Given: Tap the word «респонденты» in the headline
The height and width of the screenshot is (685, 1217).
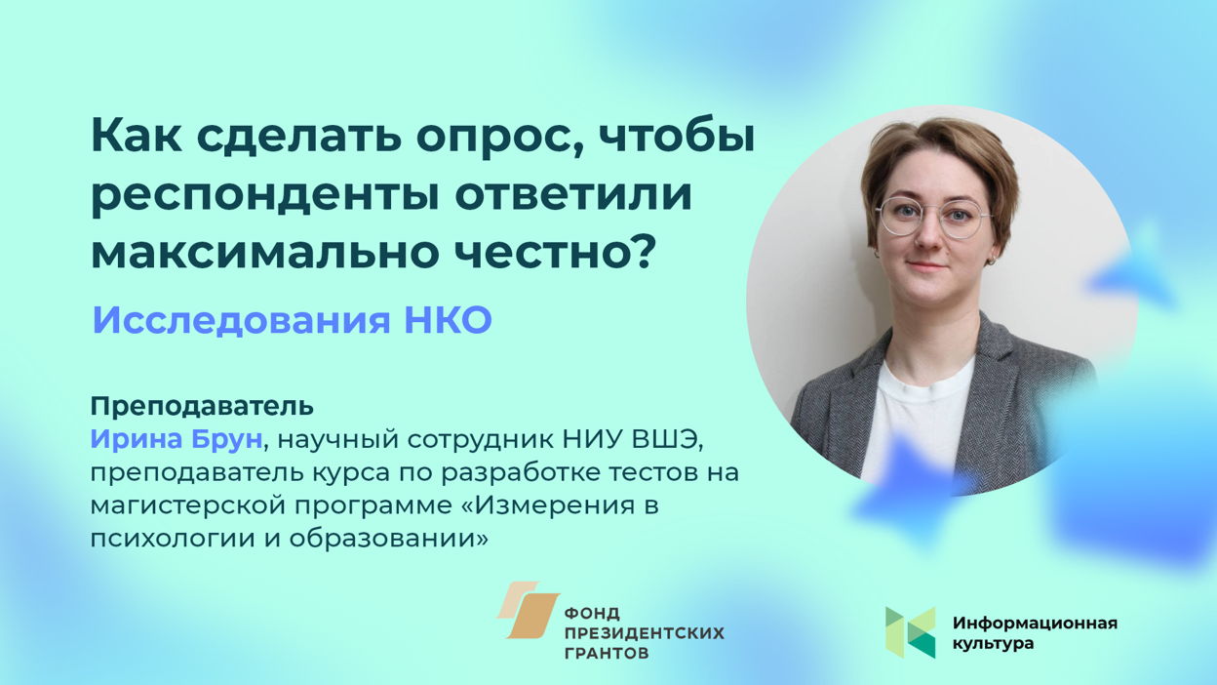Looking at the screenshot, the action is [264, 196].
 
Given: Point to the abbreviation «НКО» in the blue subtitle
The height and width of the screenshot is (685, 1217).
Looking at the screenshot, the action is [449, 320].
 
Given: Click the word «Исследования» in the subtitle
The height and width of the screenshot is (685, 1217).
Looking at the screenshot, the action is [241, 320].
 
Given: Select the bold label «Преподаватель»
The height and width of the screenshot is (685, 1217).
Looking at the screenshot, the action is [202, 407].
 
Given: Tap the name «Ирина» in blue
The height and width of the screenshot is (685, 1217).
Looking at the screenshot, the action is [136, 439].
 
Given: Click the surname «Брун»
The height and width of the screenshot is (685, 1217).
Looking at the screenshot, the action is [226, 440].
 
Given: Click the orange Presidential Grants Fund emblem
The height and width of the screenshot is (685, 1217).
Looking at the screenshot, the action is [528, 610].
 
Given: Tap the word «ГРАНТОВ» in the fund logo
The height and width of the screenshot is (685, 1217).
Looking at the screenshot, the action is [607, 653].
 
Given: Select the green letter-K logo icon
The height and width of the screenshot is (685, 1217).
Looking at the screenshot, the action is [911, 632].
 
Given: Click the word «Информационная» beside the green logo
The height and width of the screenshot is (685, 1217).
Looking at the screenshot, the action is [1035, 623].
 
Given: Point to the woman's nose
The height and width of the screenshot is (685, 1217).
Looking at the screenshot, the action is [928, 235].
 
